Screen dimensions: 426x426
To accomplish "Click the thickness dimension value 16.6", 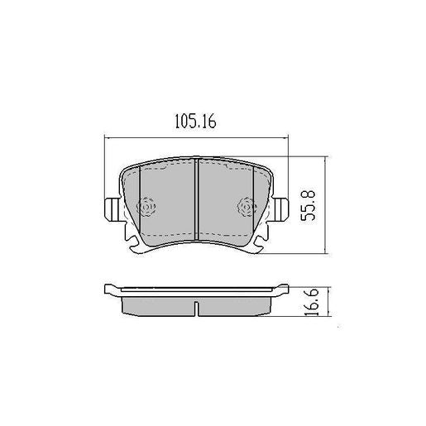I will click(x=310, y=302).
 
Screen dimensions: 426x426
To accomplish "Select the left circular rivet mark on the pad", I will click(x=146, y=207).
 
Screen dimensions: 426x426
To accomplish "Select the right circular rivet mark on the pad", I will click(x=243, y=207).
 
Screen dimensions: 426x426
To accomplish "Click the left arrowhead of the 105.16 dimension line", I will click(x=106, y=139).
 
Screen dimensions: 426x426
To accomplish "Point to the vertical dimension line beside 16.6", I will click(x=329, y=303).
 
